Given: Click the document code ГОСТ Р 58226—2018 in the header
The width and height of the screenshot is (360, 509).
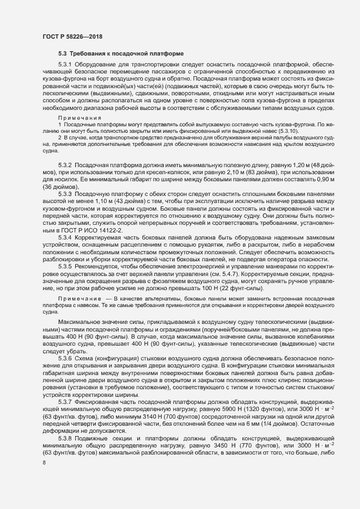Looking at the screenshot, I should click(x=72, y=36).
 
